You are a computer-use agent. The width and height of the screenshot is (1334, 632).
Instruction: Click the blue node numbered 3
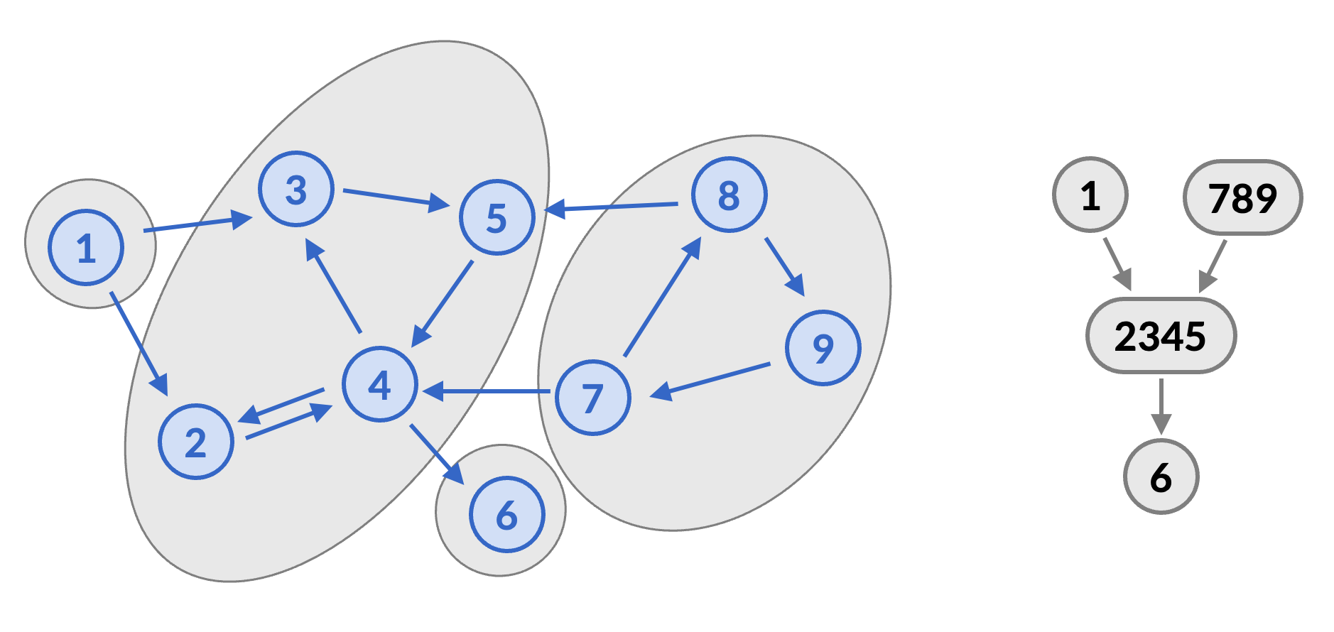[x=296, y=189]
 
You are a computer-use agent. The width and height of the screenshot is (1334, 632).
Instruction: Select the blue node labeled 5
[x=497, y=217]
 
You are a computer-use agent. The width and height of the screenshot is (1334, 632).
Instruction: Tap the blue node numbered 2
[x=196, y=442]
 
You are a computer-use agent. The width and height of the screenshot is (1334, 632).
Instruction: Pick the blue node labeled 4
[x=379, y=384]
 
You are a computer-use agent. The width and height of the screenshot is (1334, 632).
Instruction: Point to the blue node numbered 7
[x=592, y=398]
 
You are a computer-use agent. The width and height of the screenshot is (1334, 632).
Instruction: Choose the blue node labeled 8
[x=729, y=195]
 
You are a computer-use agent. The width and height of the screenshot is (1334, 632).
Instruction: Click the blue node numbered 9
[x=823, y=348]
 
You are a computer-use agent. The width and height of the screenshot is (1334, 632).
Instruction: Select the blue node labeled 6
[x=506, y=515]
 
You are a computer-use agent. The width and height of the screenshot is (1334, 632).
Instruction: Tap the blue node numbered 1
[x=86, y=248]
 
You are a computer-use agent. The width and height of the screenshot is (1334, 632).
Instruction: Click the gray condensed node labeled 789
[x=1242, y=197]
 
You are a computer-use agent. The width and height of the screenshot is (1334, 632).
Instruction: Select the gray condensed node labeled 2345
[x=1161, y=336]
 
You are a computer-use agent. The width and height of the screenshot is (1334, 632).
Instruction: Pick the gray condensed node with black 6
[x=1161, y=476]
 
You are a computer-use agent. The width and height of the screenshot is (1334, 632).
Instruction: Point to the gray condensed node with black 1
[x=1090, y=195]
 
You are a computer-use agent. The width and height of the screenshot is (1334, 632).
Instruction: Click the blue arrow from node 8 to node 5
[x=612, y=207]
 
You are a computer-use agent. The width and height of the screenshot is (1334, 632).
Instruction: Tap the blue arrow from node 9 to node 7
[x=710, y=380]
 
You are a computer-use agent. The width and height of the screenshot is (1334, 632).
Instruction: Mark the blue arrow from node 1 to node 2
[x=139, y=343]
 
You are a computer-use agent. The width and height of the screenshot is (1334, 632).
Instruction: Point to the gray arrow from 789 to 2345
[x=1213, y=266]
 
